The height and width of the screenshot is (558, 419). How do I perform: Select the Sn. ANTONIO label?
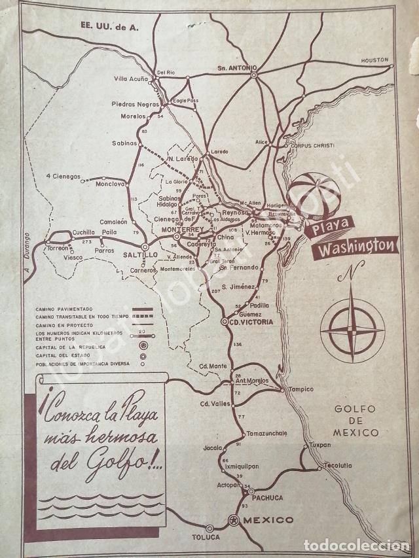[x=238, y=67]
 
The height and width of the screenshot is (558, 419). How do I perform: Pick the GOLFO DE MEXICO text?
[x=355, y=421]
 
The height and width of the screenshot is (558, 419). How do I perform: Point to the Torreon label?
[x=56, y=249]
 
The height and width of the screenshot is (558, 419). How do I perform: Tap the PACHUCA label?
[x=266, y=497]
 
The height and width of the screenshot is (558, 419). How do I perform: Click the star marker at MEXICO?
[x=233, y=520]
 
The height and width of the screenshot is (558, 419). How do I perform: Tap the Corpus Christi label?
[x=313, y=145]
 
